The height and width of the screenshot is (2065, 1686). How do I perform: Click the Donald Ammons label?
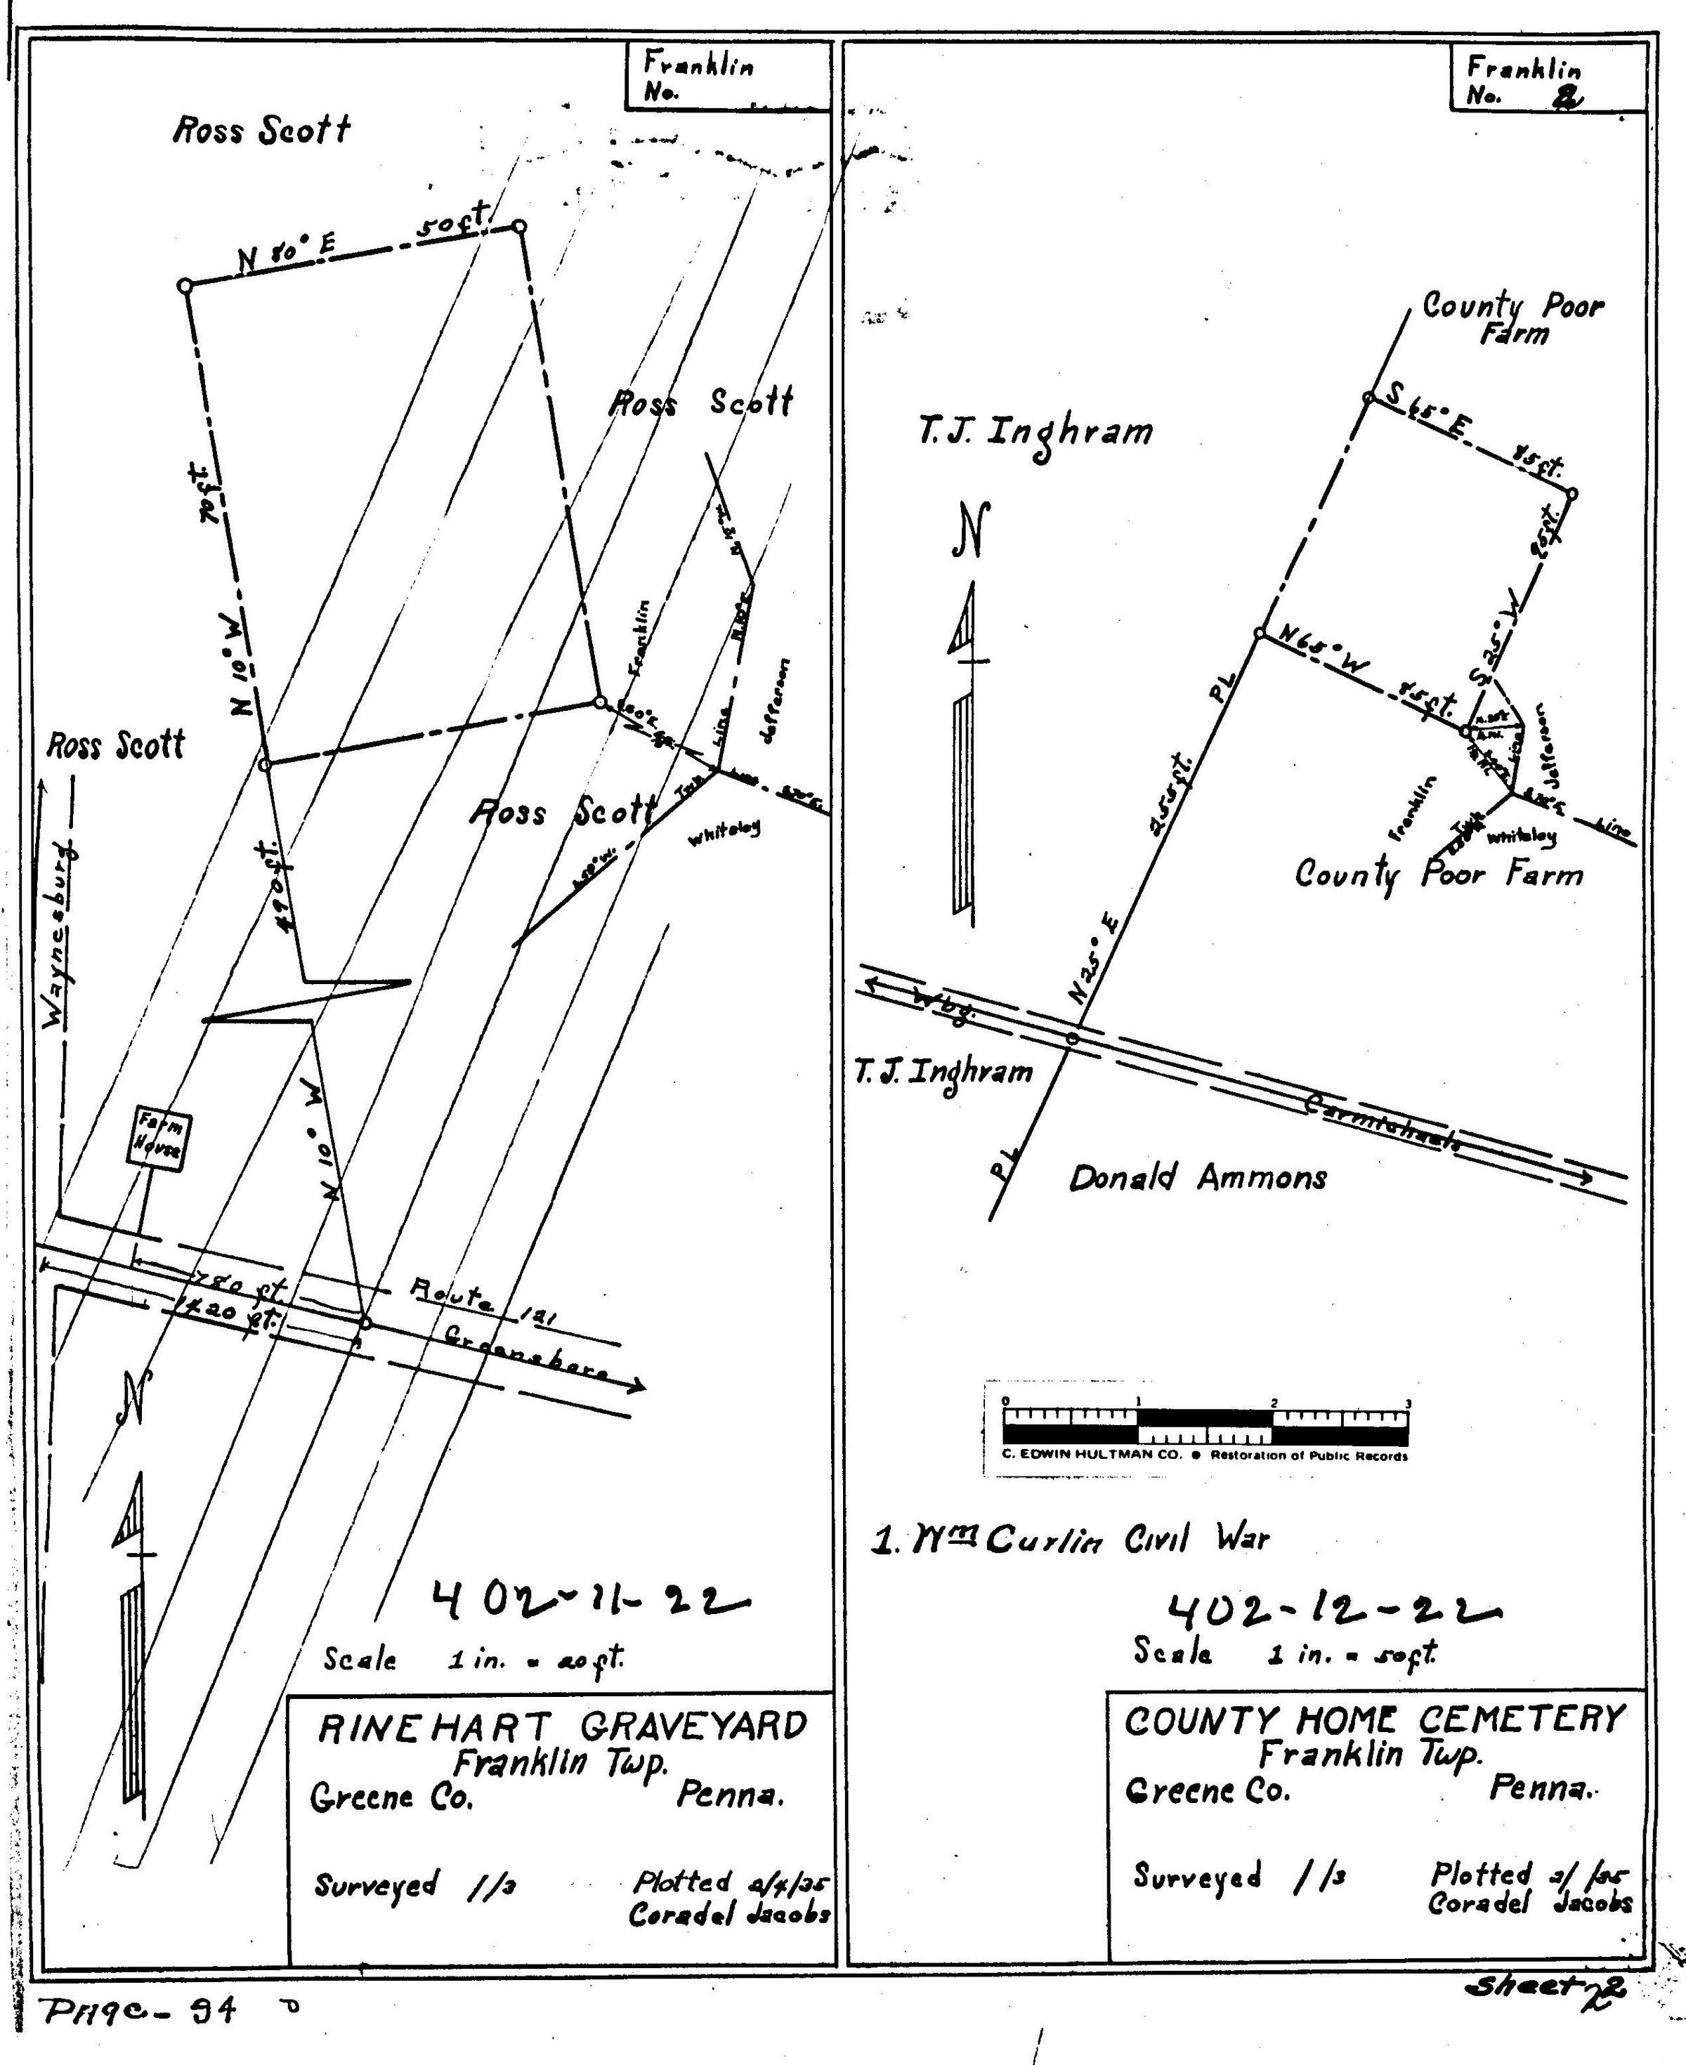1198,1179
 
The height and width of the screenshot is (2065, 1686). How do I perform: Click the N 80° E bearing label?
287,254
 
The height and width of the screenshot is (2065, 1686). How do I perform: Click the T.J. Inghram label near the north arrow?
1035,431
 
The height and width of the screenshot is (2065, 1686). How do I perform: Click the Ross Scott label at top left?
261,130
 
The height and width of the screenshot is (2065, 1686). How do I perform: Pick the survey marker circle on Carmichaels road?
1072,1038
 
